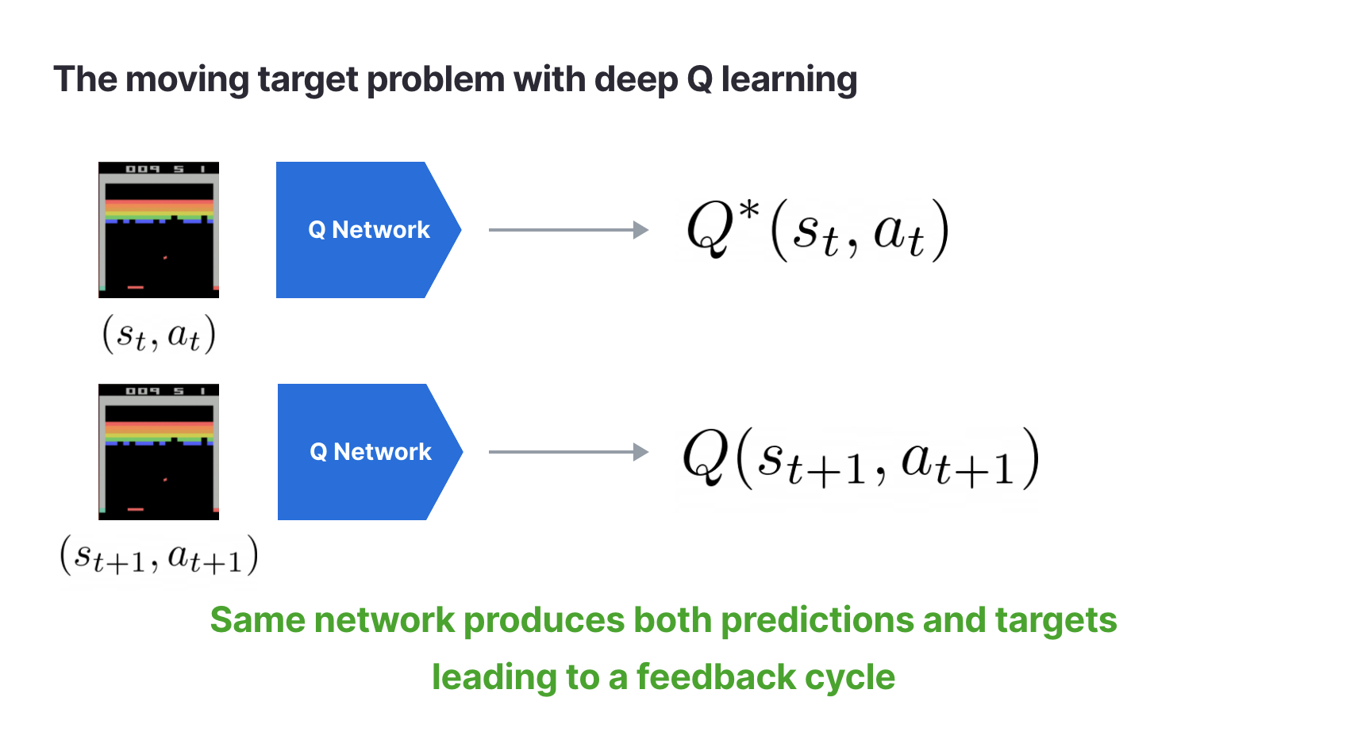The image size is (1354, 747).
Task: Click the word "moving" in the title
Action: click(187, 80)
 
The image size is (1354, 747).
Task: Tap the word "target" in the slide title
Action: click(308, 80)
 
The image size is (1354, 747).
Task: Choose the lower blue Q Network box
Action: click(370, 452)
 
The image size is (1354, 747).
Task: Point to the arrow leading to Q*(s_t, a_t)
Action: click(569, 229)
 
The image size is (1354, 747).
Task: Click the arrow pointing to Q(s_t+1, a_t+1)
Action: click(569, 452)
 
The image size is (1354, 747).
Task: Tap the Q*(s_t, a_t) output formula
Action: click(817, 231)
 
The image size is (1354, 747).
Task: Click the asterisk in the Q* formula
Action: click(749, 211)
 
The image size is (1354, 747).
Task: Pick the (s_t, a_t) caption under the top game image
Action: click(159, 334)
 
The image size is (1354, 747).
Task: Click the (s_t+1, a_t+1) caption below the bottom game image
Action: click(159, 555)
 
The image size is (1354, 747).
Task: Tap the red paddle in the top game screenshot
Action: click(136, 287)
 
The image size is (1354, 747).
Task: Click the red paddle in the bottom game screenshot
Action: click(136, 510)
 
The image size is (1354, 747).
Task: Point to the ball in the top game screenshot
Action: click(165, 258)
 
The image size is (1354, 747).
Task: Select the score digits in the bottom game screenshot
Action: click(164, 391)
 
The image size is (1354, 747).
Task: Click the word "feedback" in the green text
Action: click(716, 677)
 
